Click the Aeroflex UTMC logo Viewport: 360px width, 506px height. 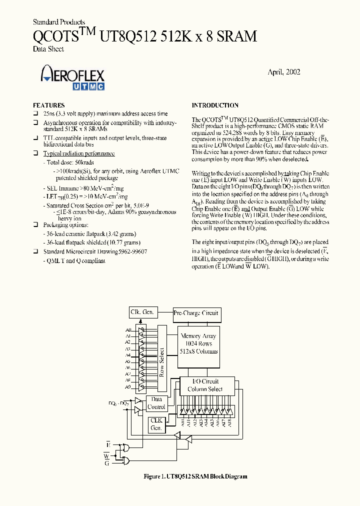pos(72,78)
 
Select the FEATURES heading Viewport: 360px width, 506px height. pos(48,105)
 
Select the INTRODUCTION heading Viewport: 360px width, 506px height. pos(215,105)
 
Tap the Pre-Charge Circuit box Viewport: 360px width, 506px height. pos(196,313)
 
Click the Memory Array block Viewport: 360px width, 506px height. pos(199,343)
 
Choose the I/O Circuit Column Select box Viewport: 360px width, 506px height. pos(203,385)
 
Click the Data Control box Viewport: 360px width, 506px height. pos(156,403)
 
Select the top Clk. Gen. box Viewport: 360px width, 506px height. pos(142,312)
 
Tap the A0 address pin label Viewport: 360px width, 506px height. pos(128,330)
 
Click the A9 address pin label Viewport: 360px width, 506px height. pos(128,386)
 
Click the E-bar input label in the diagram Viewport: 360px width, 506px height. pos(108,444)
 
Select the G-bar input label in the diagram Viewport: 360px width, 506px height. pos(107,463)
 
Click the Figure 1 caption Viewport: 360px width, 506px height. pos(195,476)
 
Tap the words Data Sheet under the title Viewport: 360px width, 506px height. pos(48,49)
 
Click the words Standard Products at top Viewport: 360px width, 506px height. pos(58,22)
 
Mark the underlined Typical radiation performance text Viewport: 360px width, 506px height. pos(79,153)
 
